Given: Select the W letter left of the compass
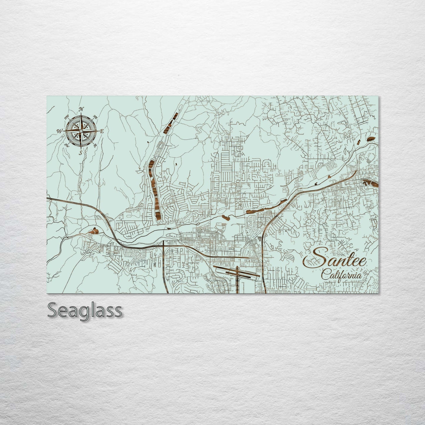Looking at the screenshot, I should tap(60, 131).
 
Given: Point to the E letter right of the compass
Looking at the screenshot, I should tap(102, 131).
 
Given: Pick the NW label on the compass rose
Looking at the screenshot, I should tap(67, 116).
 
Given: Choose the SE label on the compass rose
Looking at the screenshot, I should tap(95, 145).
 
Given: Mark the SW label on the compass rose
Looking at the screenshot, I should tap(66, 145).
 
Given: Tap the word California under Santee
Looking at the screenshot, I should tap(341, 276).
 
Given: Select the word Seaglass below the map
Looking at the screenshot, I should tap(84, 310).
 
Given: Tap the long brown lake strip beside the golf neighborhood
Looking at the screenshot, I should tap(154, 188).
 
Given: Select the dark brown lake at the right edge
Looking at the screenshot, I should tap(370, 183).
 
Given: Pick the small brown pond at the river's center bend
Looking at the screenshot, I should tap(227, 218).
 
